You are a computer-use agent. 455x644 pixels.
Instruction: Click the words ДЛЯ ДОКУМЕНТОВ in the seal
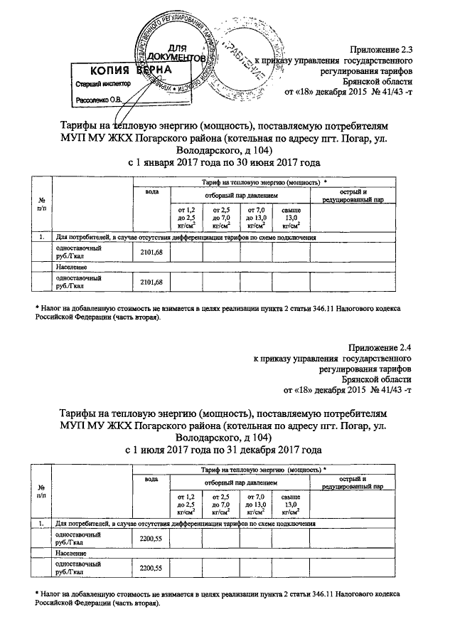click(177, 51)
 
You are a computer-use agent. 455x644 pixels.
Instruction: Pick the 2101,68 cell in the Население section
click(151, 283)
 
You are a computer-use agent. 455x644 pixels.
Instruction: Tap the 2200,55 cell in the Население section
click(151, 569)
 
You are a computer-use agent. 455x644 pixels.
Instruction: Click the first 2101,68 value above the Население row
click(151, 253)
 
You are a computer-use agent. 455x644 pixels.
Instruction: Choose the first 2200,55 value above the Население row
click(151, 539)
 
